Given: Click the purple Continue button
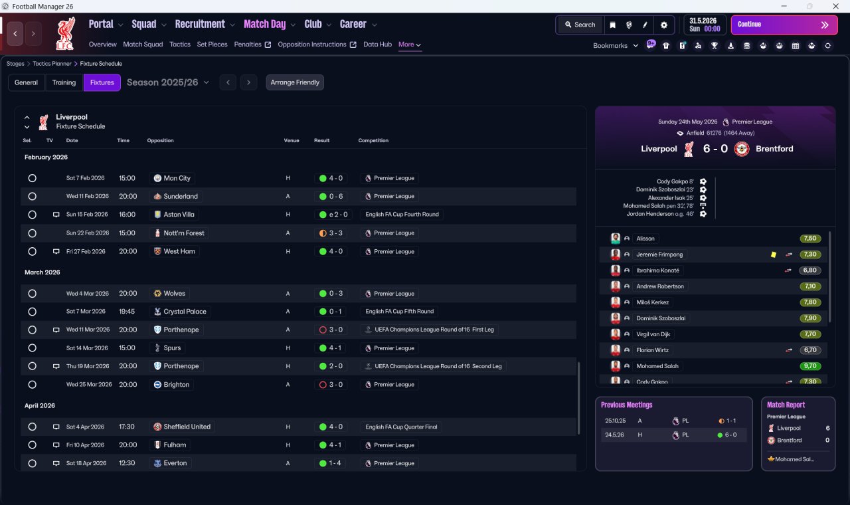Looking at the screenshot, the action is pos(784,25).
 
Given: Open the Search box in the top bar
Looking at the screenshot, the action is pos(580,25).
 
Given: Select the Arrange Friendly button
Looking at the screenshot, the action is pos(295,82).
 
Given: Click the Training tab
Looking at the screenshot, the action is pos(64,82).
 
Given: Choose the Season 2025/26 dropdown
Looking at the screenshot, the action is pos(168,82).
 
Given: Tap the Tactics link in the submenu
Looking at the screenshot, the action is pos(180,45).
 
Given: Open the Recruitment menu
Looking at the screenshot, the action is pos(200,25).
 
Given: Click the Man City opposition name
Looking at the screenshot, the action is pos(177,178).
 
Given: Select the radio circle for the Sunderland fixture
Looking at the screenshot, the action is pos(33,196).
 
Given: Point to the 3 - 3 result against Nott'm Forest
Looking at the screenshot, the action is pos(335,233).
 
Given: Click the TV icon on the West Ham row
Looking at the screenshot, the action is pos(56,251).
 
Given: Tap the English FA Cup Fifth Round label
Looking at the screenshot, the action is pos(399,312).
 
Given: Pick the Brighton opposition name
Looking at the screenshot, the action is pos(176,385).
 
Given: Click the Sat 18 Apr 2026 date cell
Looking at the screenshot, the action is pos(86,463).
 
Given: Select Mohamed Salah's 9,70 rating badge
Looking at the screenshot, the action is pos(810,366).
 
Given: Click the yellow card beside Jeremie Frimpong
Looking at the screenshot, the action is pos(774,254).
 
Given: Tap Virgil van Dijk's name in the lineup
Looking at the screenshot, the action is pos(653,334).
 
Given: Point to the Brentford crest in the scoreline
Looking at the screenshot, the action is pos(742,149).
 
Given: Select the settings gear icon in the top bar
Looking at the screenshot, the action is pos(663,25).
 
